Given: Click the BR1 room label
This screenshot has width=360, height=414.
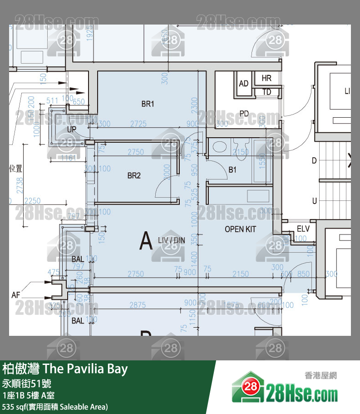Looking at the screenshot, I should click(x=148, y=104).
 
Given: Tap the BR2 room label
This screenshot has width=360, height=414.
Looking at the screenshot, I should click(x=134, y=175).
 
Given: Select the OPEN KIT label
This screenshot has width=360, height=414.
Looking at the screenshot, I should click(x=240, y=229).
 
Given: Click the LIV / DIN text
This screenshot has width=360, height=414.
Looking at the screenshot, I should click(x=171, y=239).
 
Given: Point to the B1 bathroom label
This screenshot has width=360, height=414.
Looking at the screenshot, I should click(x=232, y=170).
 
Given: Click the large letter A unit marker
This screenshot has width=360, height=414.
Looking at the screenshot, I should click(x=146, y=241).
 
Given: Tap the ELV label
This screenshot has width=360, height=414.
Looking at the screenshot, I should click(x=303, y=229).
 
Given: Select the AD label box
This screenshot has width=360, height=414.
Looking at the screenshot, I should click(x=244, y=84).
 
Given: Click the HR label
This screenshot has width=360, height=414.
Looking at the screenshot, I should click(x=266, y=78).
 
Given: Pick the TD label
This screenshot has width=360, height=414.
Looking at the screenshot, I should click(x=266, y=92).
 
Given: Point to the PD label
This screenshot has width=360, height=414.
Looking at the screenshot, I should click(x=244, y=113).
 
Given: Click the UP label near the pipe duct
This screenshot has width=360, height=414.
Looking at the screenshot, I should click(x=72, y=130).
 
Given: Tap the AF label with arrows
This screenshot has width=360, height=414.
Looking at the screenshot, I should click(x=16, y=295).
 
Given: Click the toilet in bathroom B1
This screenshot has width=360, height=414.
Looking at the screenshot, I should click(x=219, y=147).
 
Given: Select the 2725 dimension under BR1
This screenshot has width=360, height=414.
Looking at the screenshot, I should click(x=138, y=124).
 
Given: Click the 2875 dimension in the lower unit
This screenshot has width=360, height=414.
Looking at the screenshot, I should click(x=138, y=305).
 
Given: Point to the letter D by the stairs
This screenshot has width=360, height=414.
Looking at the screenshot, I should click(x=314, y=160).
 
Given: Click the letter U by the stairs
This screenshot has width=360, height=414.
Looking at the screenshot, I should click(x=314, y=201).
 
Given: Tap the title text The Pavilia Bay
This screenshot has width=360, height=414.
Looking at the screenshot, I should click(x=65, y=369).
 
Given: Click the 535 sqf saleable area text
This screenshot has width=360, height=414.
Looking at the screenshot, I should click(x=55, y=406).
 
